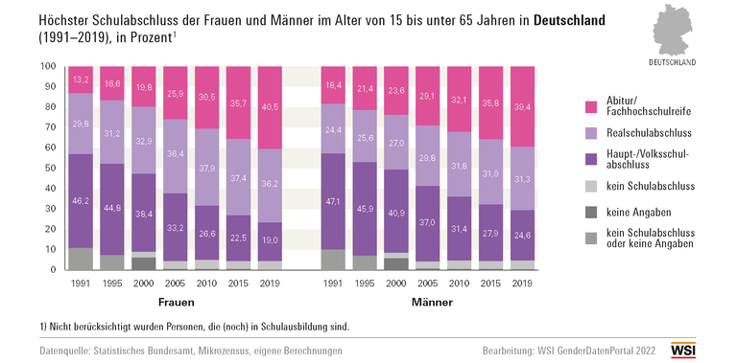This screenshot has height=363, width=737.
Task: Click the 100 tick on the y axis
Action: pyautogui.click(x=48, y=67)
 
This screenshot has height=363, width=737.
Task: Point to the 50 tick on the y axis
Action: pyautogui.click(x=50, y=169)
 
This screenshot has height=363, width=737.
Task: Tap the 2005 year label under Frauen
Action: pyautogui.click(x=177, y=284)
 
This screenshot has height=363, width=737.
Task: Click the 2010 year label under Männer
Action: pyautogui.click(x=460, y=284)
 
